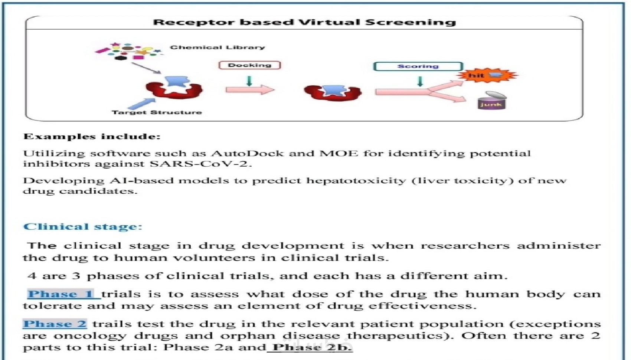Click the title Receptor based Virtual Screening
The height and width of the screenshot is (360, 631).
304,22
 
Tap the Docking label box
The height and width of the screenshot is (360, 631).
249,65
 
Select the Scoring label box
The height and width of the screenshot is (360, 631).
418,66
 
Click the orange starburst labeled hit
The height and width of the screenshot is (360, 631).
486,76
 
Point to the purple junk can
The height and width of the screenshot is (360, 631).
492,101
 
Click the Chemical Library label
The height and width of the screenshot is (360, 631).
218,48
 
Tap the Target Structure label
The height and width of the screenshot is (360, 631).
157,112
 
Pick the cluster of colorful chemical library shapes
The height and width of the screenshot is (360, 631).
128,51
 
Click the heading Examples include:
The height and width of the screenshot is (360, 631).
92,137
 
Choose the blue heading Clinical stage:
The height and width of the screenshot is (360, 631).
82,226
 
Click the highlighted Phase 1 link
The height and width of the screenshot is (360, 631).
61,294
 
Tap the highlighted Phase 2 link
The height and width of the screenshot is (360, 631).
55,324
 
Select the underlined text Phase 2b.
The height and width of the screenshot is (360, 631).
312,347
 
